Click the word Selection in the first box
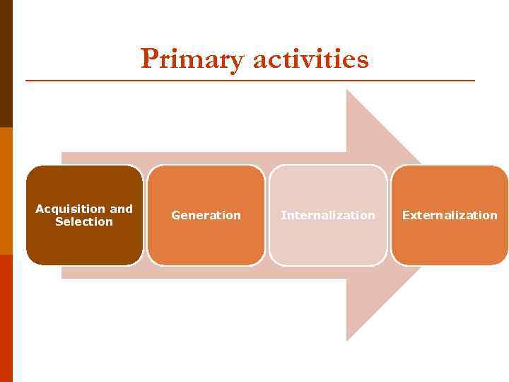(84, 221)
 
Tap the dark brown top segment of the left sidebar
(6, 64)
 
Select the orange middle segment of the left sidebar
(6, 191)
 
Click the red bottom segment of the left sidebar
(6, 318)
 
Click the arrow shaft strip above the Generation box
(206, 158)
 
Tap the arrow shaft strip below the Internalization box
(328, 272)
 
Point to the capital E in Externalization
(406, 215)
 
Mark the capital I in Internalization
(283, 215)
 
